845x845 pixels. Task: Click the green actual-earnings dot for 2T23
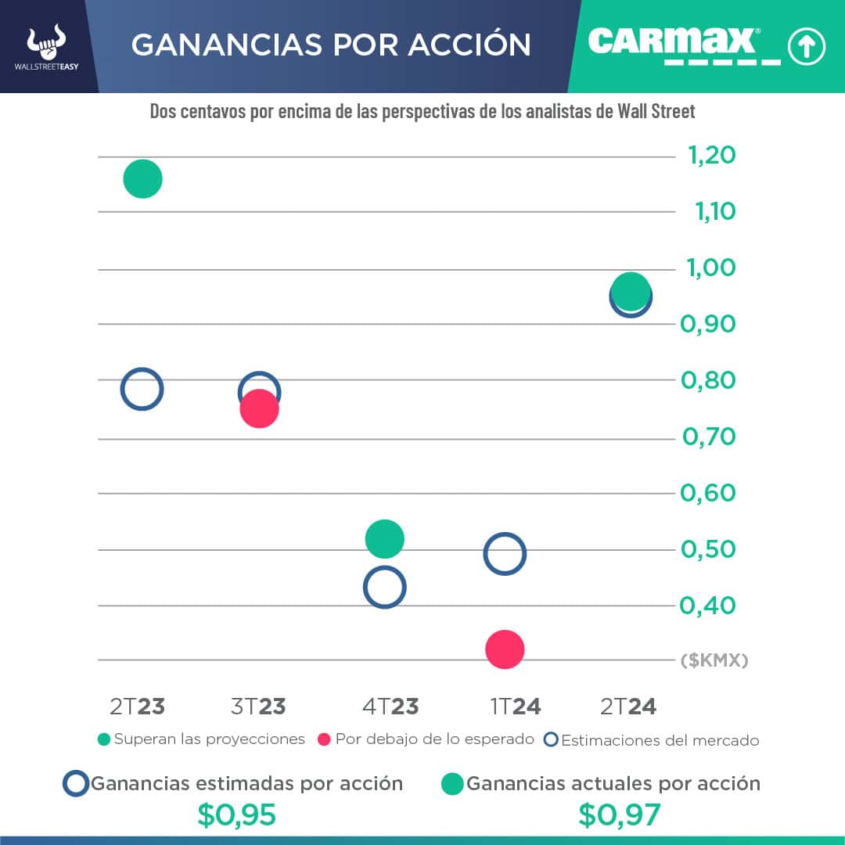tap(142, 178)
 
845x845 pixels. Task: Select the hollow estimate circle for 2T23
tap(142, 389)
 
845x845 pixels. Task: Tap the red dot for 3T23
tap(259, 409)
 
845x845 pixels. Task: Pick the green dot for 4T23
tap(384, 538)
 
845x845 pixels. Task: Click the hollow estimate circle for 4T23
tap(384, 588)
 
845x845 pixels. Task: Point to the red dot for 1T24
tap(505, 649)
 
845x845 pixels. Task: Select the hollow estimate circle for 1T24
tap(505, 554)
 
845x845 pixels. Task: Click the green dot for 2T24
tap(631, 291)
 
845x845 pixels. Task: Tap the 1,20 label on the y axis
tap(711, 156)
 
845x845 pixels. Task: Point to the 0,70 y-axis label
tap(709, 437)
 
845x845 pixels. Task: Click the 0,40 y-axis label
tap(709, 605)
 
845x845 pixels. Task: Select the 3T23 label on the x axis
tap(258, 707)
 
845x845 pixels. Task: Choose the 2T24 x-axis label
tap(628, 707)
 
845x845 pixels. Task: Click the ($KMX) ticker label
tap(714, 660)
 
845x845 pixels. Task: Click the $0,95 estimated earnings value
tap(236, 815)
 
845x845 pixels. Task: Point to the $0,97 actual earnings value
tap(620, 815)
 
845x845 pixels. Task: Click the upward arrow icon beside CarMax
tap(807, 47)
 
